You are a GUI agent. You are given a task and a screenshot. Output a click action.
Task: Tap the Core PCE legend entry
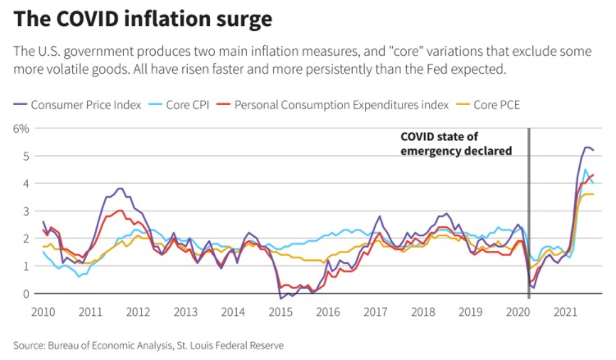[501, 105]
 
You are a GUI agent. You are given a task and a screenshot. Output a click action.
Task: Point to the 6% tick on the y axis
[21, 128]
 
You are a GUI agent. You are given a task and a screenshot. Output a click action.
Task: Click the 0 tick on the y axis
[25, 294]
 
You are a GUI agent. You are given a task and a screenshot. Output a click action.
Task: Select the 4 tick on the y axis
[25, 184]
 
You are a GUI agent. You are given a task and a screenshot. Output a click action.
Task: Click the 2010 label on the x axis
[43, 312]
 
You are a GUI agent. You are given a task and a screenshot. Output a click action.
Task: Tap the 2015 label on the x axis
[281, 312]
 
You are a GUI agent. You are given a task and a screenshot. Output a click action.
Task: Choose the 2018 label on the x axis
[424, 312]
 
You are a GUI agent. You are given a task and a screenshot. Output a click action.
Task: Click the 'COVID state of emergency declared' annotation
[456, 144]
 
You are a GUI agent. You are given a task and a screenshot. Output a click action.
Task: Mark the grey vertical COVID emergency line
[528, 213]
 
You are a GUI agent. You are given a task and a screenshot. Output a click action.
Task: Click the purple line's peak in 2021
[587, 147]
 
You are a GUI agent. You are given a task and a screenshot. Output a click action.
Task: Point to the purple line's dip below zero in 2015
[281, 297]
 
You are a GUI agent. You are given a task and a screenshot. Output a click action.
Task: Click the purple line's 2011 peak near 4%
[120, 189]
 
